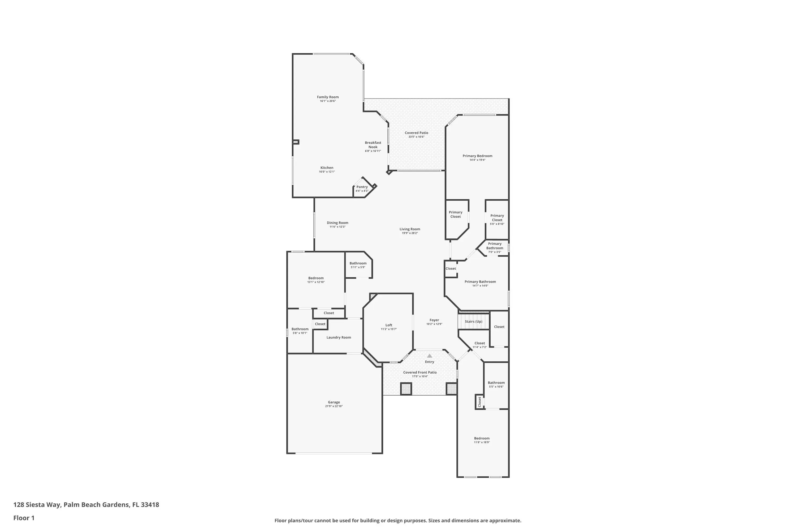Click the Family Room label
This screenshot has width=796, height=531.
tap(328, 97)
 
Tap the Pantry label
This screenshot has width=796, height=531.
tap(362, 187)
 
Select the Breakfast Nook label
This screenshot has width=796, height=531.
tap(373, 145)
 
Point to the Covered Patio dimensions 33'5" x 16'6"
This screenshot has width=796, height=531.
tap(416, 137)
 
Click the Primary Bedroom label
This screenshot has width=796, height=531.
tap(477, 156)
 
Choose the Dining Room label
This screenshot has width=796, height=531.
tap(338, 223)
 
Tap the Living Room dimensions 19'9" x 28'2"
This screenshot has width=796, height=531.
tap(409, 233)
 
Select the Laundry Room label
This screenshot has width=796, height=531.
tap(339, 337)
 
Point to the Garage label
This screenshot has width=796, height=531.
tap(334, 402)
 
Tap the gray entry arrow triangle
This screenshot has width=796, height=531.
tap(430, 356)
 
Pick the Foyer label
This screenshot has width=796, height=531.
tap(434, 320)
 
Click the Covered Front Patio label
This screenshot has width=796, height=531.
tap(420, 372)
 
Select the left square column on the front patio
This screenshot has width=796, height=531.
tap(406, 388)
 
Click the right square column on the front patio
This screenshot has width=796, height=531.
tap(452, 388)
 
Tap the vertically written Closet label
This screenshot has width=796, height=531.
tap(479, 402)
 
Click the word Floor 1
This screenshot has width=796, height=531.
tap(24, 518)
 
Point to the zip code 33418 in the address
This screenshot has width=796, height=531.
tap(150, 505)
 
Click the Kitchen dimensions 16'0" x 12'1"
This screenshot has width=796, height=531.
tap(327, 172)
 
